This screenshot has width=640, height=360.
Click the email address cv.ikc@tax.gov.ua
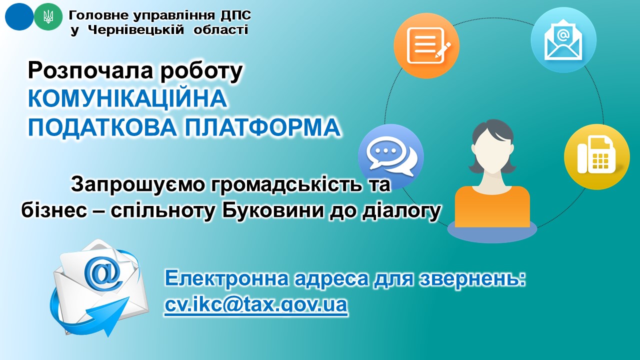click(255, 304)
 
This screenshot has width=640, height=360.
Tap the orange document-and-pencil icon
click(426, 45)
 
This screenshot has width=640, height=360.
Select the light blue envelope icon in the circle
click(563, 39)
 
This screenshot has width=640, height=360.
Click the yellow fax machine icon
click(597, 156)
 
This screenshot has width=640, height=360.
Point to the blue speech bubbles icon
click(391, 156)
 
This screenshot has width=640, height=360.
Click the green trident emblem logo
click(48, 16)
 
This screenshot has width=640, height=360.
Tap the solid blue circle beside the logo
click(19, 16)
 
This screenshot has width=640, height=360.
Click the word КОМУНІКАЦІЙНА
click(127, 98)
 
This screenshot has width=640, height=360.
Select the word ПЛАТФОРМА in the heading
click(263, 127)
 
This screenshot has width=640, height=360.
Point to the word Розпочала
click(90, 71)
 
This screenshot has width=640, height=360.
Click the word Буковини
click(273, 211)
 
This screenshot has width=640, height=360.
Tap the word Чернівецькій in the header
click(135, 30)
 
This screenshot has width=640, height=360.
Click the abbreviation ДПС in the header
click(235, 15)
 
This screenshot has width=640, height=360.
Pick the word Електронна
click(227, 278)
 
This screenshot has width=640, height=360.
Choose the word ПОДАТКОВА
click(102, 127)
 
